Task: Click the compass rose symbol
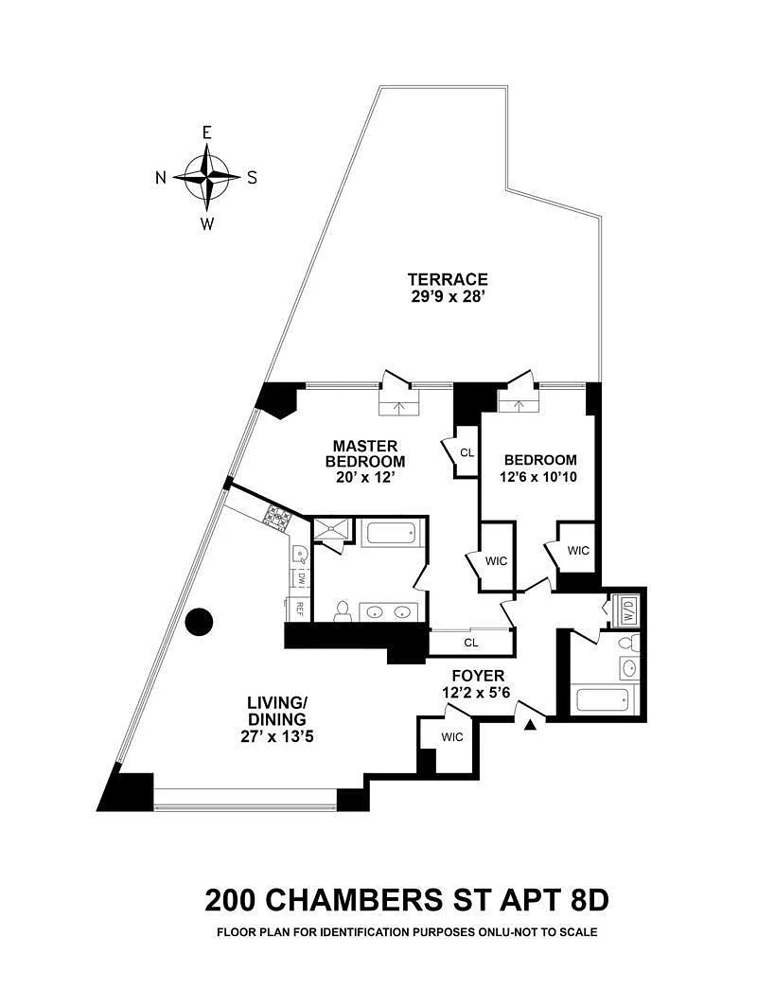coord(206,177)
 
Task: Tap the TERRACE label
coord(448,279)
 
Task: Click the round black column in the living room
coord(200,622)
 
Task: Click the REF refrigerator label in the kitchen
coord(299,607)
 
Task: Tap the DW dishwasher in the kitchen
coord(299,577)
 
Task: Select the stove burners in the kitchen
coord(279,517)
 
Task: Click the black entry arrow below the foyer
coord(531,725)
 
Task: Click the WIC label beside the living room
coord(452,737)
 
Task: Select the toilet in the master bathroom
coord(343,609)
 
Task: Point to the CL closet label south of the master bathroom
coord(470,643)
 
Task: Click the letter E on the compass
coord(206,132)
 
